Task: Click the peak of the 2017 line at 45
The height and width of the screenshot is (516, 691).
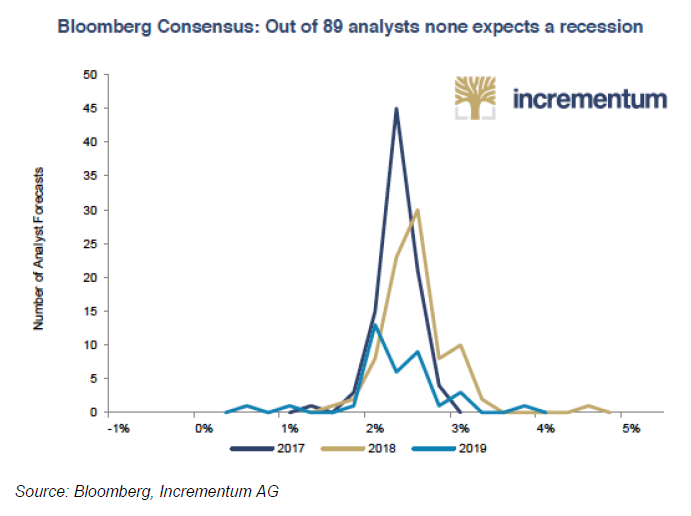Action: (396, 109)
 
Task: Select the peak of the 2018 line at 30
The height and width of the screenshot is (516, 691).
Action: (417, 210)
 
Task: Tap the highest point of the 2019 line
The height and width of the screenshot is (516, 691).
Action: (375, 324)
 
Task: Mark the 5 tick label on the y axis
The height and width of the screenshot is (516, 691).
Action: (93, 378)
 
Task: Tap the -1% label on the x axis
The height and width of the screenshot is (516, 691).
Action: (117, 429)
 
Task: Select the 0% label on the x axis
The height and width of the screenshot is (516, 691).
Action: (203, 429)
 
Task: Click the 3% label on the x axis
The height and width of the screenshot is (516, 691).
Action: (460, 429)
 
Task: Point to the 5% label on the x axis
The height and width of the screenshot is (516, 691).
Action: (631, 429)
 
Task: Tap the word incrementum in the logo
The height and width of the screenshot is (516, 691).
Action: (589, 99)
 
